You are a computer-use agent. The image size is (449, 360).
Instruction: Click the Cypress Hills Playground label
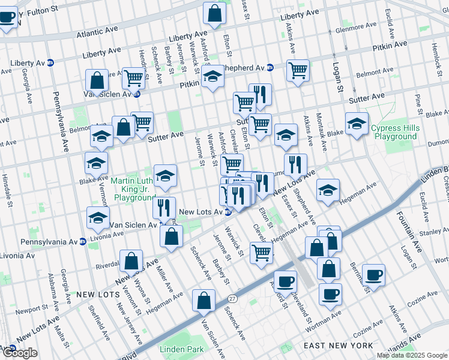pyautogui.click(x=394, y=132)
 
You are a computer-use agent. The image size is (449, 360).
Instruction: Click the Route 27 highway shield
pyautogui.click(x=232, y=298)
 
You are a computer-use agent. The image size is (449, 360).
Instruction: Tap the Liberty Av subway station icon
pyautogui.click(x=51, y=62)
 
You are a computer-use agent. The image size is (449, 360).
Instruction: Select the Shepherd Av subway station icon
pyautogui.click(x=270, y=68)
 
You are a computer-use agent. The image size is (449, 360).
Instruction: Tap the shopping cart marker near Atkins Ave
pyautogui.click(x=298, y=71)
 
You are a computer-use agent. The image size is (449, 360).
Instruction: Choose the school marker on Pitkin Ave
pyautogui.click(x=212, y=76)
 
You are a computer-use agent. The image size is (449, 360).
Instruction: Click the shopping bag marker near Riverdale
pyautogui.click(x=131, y=261)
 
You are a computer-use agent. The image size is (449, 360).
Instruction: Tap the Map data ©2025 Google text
pyautogui.click(x=411, y=355)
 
